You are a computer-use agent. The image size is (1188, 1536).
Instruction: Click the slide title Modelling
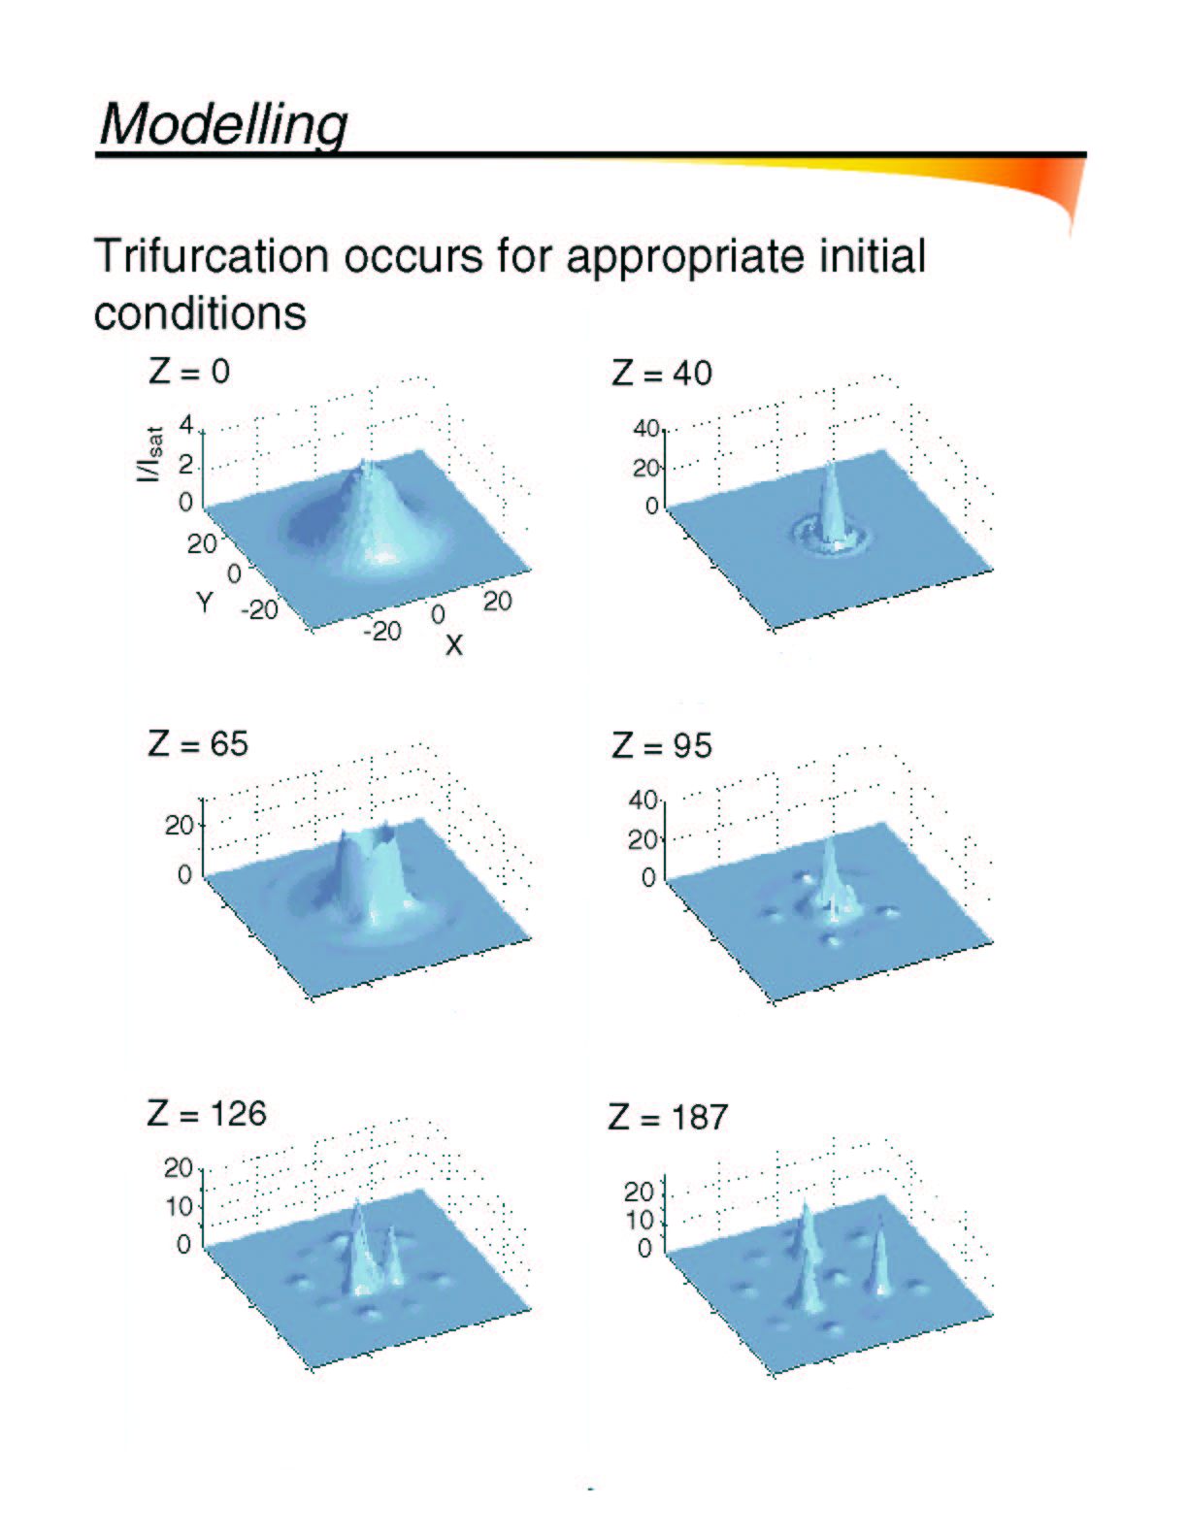point(223,124)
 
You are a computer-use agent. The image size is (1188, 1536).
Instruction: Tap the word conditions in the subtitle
point(200,312)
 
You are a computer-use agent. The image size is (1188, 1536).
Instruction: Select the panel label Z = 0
point(188,371)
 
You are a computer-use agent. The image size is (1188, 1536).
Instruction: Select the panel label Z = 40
point(662,373)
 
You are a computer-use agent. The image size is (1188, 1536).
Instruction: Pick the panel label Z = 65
point(198,743)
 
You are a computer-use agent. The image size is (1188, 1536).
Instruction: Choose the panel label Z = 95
point(662,746)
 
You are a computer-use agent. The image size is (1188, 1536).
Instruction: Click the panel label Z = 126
point(207,1114)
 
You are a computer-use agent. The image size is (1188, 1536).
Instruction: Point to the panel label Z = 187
point(668,1117)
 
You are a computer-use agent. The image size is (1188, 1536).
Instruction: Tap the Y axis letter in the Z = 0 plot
point(204,603)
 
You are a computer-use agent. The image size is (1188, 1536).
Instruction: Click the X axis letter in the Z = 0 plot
point(453,644)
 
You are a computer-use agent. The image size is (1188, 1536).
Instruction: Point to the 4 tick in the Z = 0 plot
point(186,426)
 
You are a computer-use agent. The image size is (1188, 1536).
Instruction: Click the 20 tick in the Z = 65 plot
point(179,825)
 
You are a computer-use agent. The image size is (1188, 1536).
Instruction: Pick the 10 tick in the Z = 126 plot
point(178,1207)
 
